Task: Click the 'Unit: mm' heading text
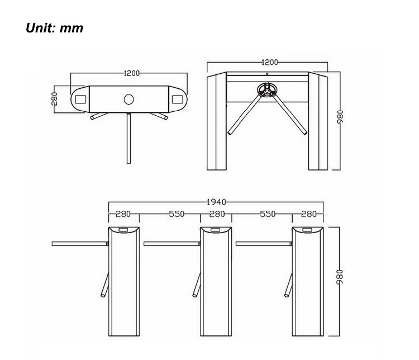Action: [54, 28]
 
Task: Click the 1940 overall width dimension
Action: [216, 202]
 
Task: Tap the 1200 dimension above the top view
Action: [132, 73]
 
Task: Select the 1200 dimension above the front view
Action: [269, 62]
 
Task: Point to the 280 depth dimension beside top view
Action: [54, 98]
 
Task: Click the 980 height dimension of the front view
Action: [340, 117]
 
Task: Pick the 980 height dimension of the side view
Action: [339, 277]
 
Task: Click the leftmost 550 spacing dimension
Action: [177, 214]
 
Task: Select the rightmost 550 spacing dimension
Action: [268, 214]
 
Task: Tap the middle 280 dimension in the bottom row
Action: [217, 214]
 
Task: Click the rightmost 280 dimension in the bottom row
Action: [308, 214]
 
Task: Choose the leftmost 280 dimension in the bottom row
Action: [123, 214]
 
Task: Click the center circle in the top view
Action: [129, 100]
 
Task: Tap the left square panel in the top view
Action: [80, 100]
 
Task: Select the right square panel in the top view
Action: [177, 100]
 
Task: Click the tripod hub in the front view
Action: [266, 89]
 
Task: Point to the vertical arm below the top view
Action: [129, 138]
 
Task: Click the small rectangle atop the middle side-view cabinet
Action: [216, 230]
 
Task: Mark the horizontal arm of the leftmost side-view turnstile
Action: [80, 244]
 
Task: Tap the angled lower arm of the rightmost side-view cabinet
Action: [289, 285]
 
